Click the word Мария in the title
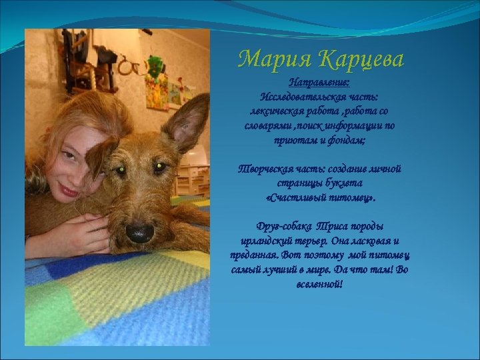pos(273,61)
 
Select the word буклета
pos(345,184)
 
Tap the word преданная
pos(257,256)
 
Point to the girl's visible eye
pos(70,157)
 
